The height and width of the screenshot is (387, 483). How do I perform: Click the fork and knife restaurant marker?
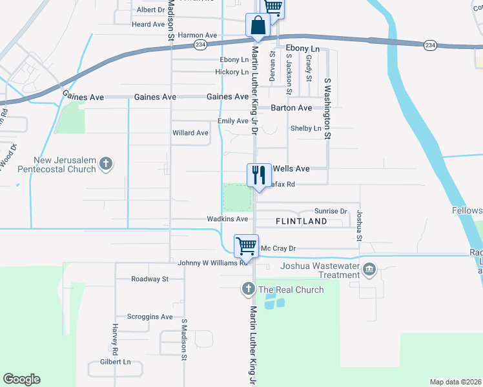[x=259, y=175]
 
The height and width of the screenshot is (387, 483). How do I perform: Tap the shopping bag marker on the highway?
[x=258, y=26]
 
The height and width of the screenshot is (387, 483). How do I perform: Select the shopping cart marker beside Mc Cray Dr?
[x=246, y=246]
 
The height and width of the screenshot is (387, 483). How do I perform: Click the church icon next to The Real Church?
[x=249, y=290]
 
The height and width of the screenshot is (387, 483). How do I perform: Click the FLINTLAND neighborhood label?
[x=301, y=221]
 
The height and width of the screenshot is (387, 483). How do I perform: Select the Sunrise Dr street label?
[x=331, y=211]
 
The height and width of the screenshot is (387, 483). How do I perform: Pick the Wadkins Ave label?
[x=227, y=219]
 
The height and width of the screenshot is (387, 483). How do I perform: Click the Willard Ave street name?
[x=190, y=133]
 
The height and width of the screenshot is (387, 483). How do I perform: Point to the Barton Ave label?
[x=291, y=108]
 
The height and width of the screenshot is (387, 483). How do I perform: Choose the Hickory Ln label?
[x=232, y=72]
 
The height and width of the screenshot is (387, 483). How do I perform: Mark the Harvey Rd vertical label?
[x=114, y=340]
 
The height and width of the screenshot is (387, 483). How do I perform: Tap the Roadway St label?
[x=149, y=279]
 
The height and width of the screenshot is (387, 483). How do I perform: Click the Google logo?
[x=21, y=379]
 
